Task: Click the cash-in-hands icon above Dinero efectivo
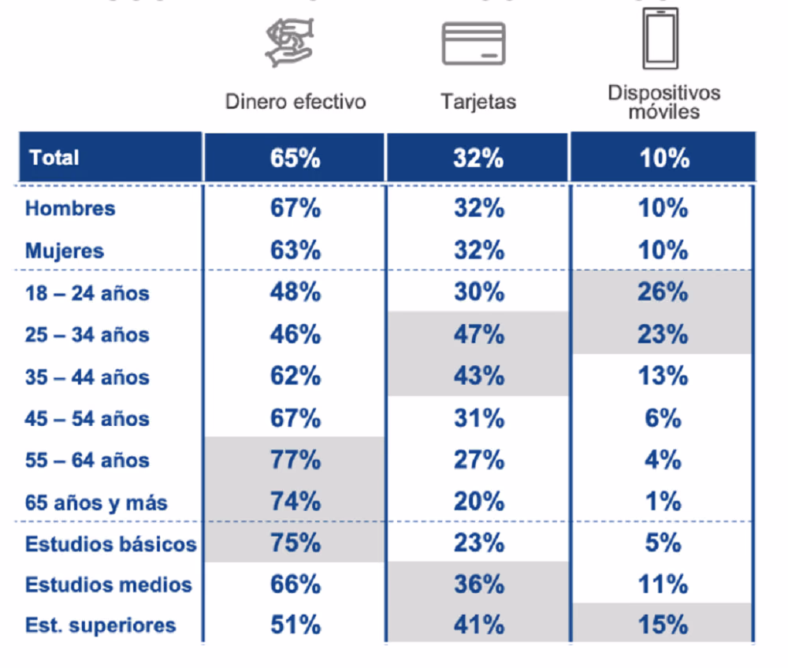click(289, 43)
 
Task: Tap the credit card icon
click(474, 43)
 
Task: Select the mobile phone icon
click(660, 38)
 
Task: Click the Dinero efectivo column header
click(295, 102)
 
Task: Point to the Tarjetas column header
click(478, 102)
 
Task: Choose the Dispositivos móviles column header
click(663, 102)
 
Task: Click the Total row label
click(54, 158)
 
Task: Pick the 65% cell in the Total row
click(295, 158)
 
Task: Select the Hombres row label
click(70, 208)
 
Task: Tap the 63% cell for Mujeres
click(295, 250)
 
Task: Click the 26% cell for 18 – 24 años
click(663, 292)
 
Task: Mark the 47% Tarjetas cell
click(479, 334)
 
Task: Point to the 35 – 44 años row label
click(87, 377)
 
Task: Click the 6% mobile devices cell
click(663, 418)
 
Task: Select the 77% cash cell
click(295, 460)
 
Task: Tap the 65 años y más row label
click(96, 502)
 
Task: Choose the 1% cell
click(663, 502)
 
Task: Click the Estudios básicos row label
click(110, 543)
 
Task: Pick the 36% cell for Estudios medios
click(479, 584)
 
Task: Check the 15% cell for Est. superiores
click(663, 625)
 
